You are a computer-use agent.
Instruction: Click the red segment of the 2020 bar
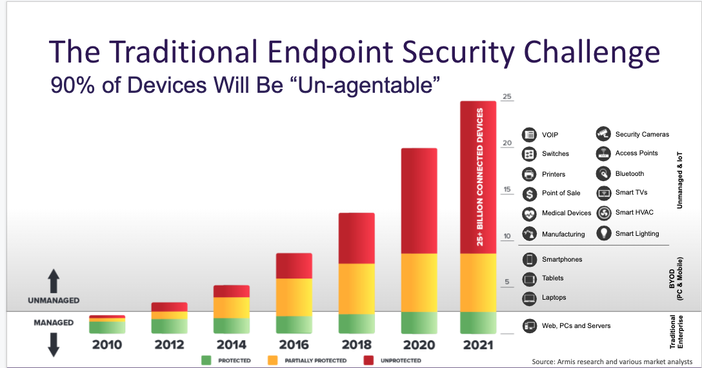(419, 200)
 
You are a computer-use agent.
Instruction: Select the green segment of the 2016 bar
(294, 324)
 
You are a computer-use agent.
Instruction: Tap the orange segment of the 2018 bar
(357, 289)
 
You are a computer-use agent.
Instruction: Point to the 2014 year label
(232, 345)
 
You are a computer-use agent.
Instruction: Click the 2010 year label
(106, 345)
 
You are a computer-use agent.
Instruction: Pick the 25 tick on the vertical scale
(507, 97)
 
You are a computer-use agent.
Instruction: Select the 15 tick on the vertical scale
(507, 190)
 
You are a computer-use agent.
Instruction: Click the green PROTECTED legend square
(206, 360)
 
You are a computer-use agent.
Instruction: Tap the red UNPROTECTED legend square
(368, 360)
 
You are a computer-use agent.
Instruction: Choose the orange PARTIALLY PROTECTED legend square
(272, 360)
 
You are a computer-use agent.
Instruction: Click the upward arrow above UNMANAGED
(54, 282)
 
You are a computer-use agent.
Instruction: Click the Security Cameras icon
(603, 134)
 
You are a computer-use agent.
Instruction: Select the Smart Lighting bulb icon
(603, 233)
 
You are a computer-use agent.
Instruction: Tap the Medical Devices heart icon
(530, 213)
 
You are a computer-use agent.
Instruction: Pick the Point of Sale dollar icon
(530, 193)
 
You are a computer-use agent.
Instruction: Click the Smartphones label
(562, 260)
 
